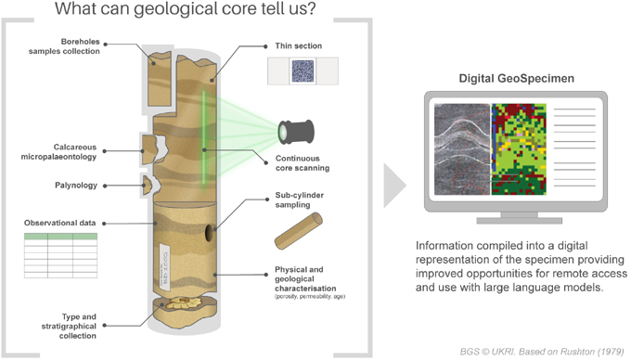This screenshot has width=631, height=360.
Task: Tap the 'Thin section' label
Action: [298, 45]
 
